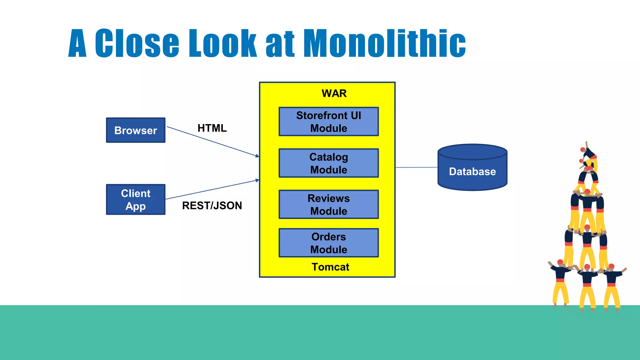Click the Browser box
coord(136,130)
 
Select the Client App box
coord(136,199)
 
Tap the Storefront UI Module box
coord(328,122)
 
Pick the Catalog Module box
coord(328,163)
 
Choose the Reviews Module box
coord(328,204)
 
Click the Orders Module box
coord(328,243)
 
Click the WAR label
coord(334,93)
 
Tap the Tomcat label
coord(330,267)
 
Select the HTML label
coord(212,128)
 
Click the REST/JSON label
coord(212,206)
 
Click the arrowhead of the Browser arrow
coord(257,156)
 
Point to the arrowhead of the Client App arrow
coord(257,180)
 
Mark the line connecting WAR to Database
coord(416,167)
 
